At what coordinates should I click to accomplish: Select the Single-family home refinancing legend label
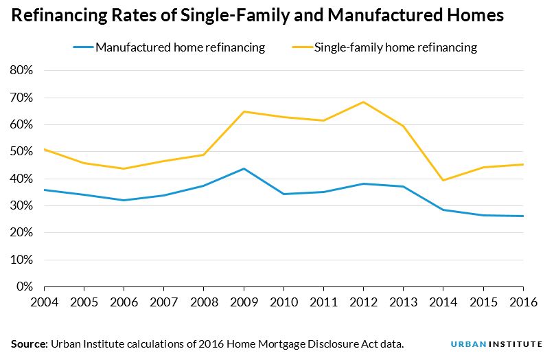(x=395, y=47)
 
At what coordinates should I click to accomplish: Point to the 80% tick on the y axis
(x=21, y=71)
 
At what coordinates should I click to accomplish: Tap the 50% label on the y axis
(x=21, y=152)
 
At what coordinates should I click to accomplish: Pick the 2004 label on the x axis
(x=44, y=302)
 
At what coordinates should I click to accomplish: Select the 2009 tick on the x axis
(x=244, y=302)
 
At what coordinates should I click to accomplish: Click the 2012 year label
(x=363, y=302)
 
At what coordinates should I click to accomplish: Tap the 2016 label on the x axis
(x=523, y=302)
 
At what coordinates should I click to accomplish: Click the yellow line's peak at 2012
(x=363, y=102)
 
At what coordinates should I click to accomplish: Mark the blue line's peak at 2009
(x=244, y=168)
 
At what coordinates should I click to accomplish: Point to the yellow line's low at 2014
(x=443, y=180)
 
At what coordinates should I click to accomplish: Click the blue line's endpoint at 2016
(x=523, y=216)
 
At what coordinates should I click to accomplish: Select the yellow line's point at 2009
(x=244, y=111)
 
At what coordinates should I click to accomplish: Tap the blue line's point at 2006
(x=124, y=200)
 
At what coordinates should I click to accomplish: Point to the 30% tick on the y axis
(x=21, y=206)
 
